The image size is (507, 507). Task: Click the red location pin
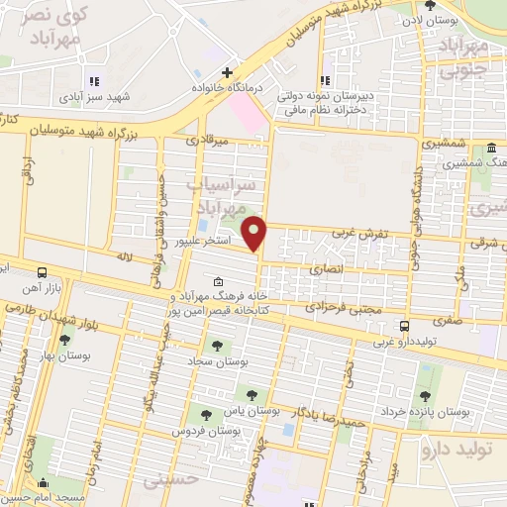pos(255,232)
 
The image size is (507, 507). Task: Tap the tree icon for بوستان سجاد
pos(217,346)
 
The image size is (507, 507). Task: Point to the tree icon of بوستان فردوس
pos(205,416)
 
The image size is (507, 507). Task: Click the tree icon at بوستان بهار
pos(64,341)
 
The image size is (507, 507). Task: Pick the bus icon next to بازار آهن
pos(42,272)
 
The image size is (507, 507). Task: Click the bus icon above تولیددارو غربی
pos(404,326)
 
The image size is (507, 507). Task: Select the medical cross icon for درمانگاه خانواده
pos(228,72)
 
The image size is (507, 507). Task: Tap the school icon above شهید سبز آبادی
pos(94,82)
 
